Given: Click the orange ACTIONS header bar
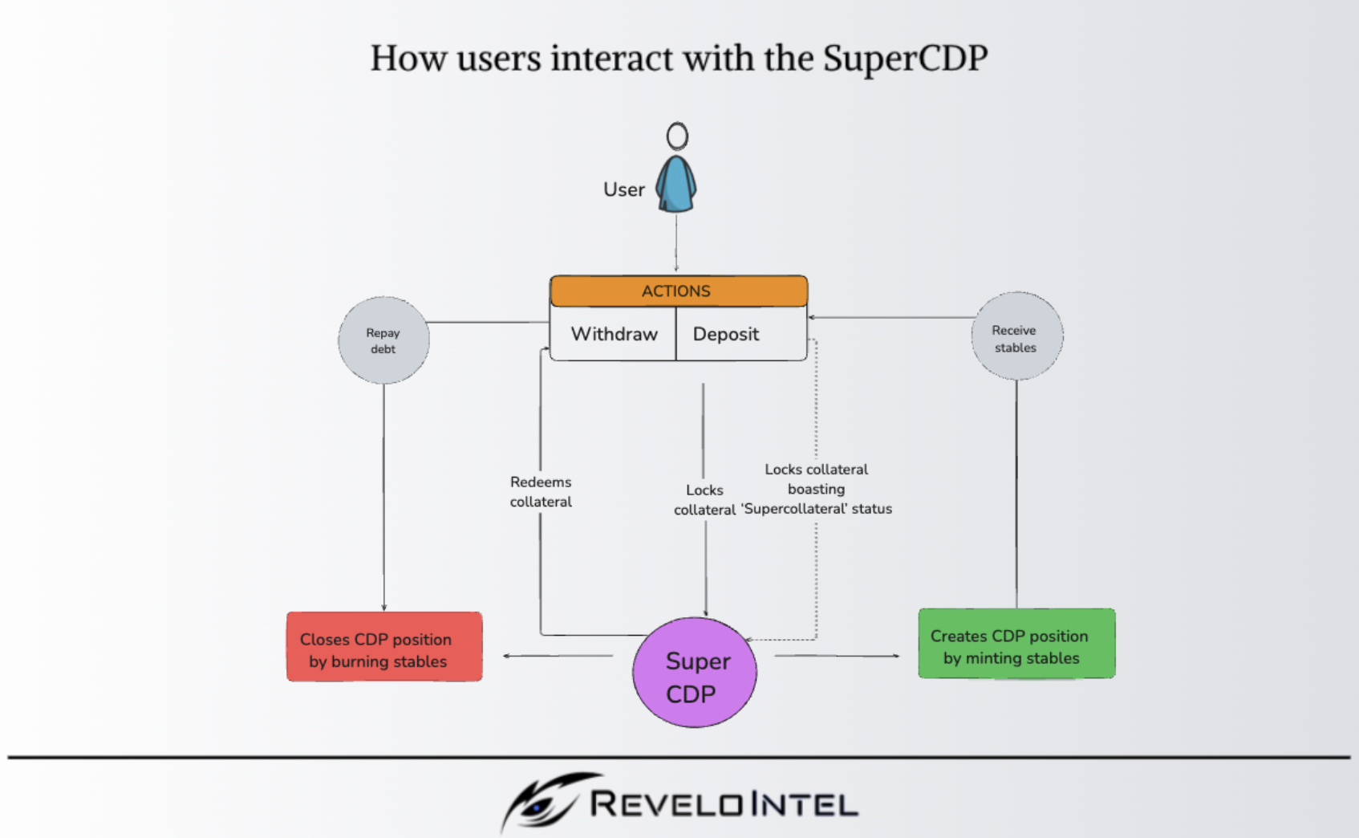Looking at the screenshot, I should pos(678,291).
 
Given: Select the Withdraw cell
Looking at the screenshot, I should pos(614,334).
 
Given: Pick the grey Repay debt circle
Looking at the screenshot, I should pos(383,340).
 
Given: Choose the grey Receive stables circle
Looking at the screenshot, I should pos(1016,337).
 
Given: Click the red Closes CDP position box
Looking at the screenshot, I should pos(384,647).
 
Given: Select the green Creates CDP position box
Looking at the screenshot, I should pos(1016,644).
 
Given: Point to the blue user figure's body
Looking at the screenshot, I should pos(676,185).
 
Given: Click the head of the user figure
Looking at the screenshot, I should pos(677,136).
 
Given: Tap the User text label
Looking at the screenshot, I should pos(623,190).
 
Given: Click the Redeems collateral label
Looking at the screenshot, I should pos(541,492).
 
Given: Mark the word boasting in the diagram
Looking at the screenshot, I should pos(816,489).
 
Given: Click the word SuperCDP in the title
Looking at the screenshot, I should pos(905,59).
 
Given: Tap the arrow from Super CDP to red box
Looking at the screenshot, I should pos(558,656).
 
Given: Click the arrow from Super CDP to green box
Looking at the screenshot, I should pos(837,656).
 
